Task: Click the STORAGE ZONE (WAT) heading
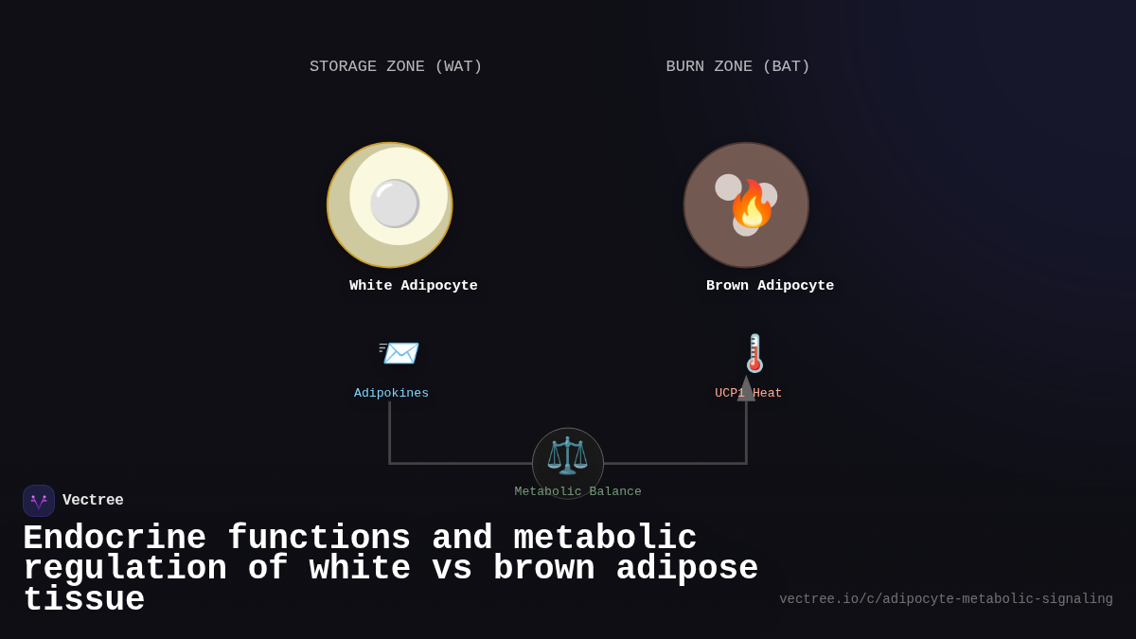coord(396,67)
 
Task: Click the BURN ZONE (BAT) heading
coord(737,67)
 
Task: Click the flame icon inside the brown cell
coord(752,205)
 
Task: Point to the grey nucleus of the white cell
coord(395,204)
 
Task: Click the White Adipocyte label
coord(413,286)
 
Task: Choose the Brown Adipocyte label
coord(770,286)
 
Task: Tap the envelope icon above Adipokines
coord(399,352)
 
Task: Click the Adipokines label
coord(391,393)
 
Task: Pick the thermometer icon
coord(754,353)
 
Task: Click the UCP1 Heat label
coord(749,393)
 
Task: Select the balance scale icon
coord(567,455)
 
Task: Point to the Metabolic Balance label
coord(577,492)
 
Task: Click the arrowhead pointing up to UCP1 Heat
coord(746,389)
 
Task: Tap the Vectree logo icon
coord(39,501)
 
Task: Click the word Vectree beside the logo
coord(93,501)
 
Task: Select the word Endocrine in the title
coord(114,539)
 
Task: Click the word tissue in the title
coord(83,600)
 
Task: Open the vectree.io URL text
coord(946,599)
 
